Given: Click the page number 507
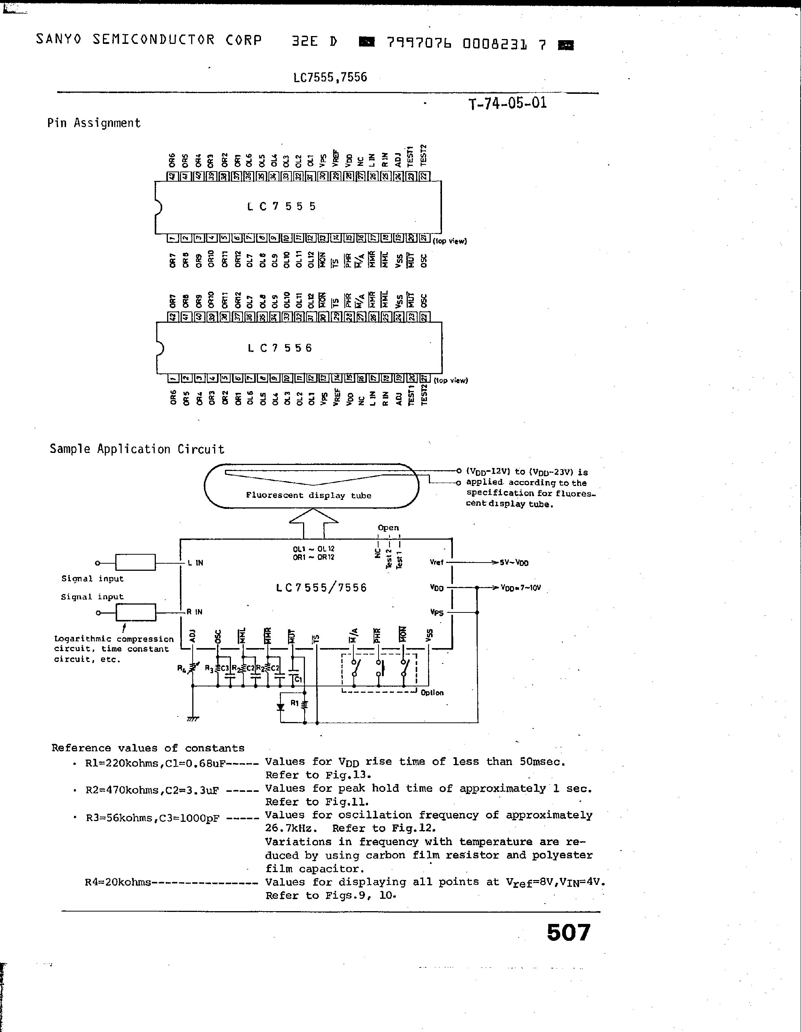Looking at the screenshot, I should coord(568,932).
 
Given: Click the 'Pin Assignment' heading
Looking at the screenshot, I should coord(94,123).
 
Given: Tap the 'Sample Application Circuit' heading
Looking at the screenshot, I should coord(137,449).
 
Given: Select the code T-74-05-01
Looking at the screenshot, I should coord(507,103).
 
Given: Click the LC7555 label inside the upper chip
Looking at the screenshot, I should coord(281,206).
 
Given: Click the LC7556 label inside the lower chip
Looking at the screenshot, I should coord(280,348).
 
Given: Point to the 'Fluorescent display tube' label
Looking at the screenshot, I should coord(308,495).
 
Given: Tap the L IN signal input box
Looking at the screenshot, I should coord(135,562).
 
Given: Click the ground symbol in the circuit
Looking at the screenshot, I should coord(192,719).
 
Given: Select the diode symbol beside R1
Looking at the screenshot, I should coord(281,707).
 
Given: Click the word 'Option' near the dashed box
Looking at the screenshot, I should coord(432,693).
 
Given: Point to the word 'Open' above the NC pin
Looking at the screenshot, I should coord(388,528).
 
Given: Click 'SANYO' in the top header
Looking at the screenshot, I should coord(59,40).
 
